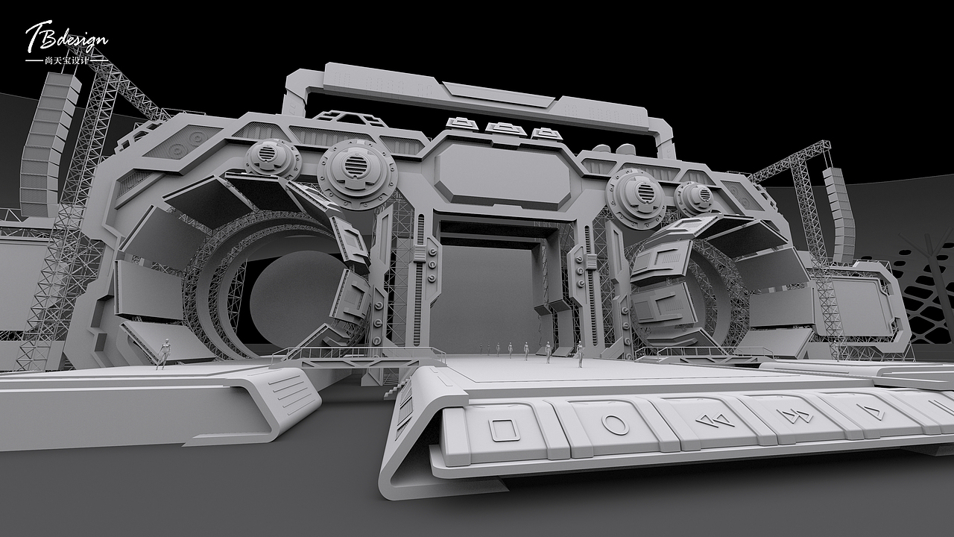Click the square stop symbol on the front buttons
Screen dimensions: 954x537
coord(504,429)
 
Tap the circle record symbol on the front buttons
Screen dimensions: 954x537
coord(615,424)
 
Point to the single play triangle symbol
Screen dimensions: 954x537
coord(874,411)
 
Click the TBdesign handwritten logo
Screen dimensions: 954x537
coord(66,37)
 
